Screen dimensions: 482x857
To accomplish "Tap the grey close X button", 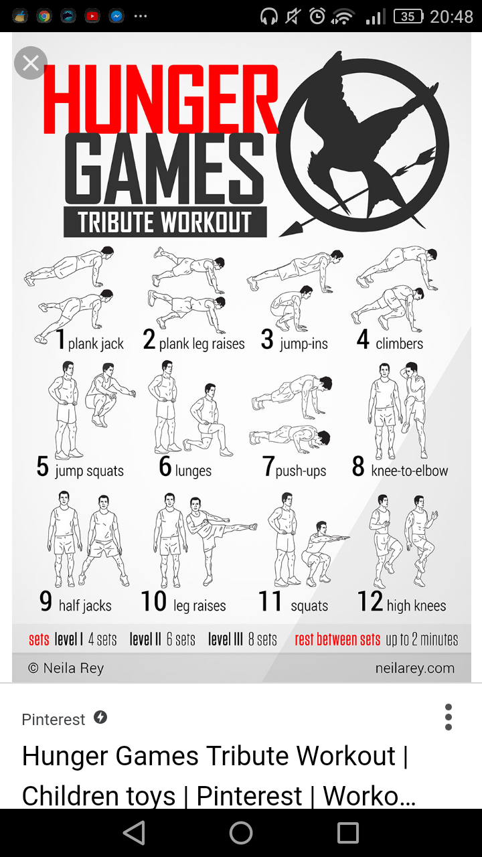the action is pos(31,63).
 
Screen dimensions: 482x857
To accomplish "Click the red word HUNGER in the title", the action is pos(161,99).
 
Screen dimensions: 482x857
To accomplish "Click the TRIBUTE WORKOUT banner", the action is pos(165,222).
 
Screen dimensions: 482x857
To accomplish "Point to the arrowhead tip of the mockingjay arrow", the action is pos(280,236).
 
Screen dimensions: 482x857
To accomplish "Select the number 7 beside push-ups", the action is pos(268,466).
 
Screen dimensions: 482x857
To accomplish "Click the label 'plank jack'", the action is pos(96,343).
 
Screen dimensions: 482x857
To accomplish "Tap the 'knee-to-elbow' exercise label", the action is pos(409,471).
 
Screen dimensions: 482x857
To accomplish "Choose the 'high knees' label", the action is pos(416,606).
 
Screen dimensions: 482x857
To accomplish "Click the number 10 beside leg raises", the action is pos(154,601).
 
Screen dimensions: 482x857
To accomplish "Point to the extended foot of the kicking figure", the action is pos(253,527).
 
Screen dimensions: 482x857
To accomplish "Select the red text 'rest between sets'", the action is pos(337,639).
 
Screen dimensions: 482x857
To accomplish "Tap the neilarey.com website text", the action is pos(414,668).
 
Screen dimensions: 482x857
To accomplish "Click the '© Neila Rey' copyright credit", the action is pos(66,668).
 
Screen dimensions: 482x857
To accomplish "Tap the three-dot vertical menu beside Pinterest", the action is pos(449,717).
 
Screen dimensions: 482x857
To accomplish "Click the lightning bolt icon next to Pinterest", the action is pos(100,717).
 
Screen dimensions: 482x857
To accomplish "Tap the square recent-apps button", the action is pos(347,832).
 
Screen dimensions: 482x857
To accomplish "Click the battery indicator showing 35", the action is pos(408,17).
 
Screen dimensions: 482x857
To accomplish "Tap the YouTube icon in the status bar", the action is pos(92,16).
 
